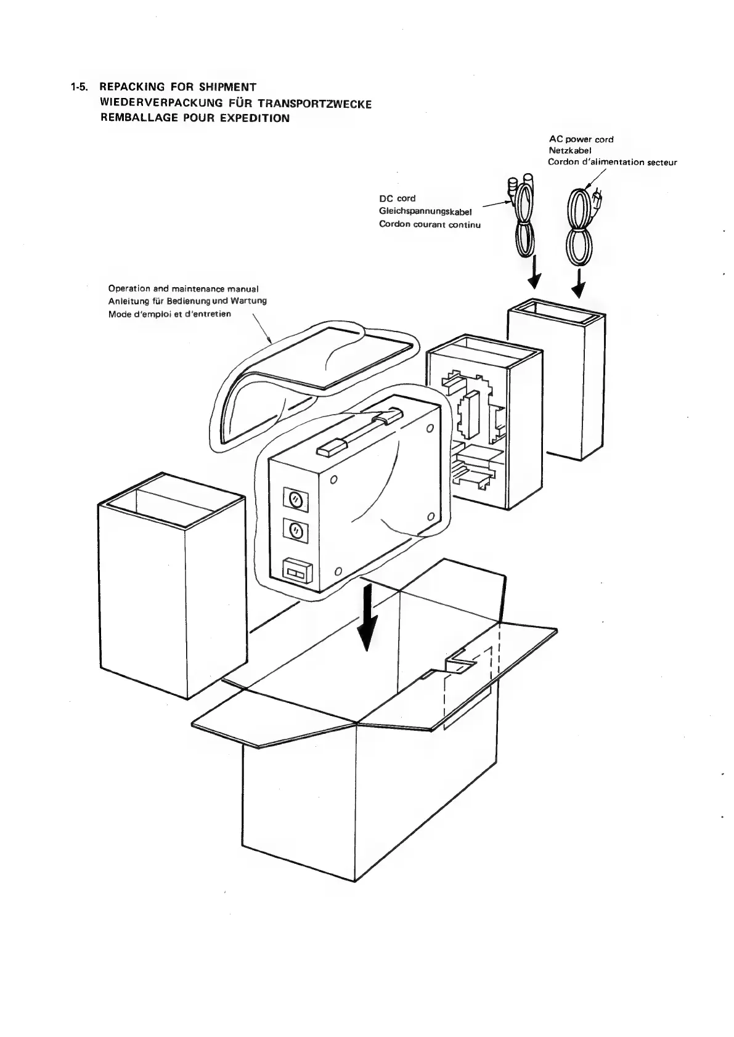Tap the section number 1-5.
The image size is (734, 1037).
(x=80, y=87)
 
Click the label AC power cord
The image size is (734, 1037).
(x=581, y=139)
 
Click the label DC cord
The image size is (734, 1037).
(x=397, y=198)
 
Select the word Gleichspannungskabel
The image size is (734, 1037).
(x=425, y=211)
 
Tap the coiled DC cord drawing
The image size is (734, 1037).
(x=523, y=222)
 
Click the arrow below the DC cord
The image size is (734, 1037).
(x=534, y=275)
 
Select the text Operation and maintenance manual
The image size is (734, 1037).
(x=183, y=288)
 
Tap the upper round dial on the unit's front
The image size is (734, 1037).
(x=295, y=498)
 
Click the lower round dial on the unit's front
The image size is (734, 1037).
(x=295, y=531)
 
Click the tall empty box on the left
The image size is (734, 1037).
(x=171, y=585)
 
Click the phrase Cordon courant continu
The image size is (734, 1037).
(x=430, y=224)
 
